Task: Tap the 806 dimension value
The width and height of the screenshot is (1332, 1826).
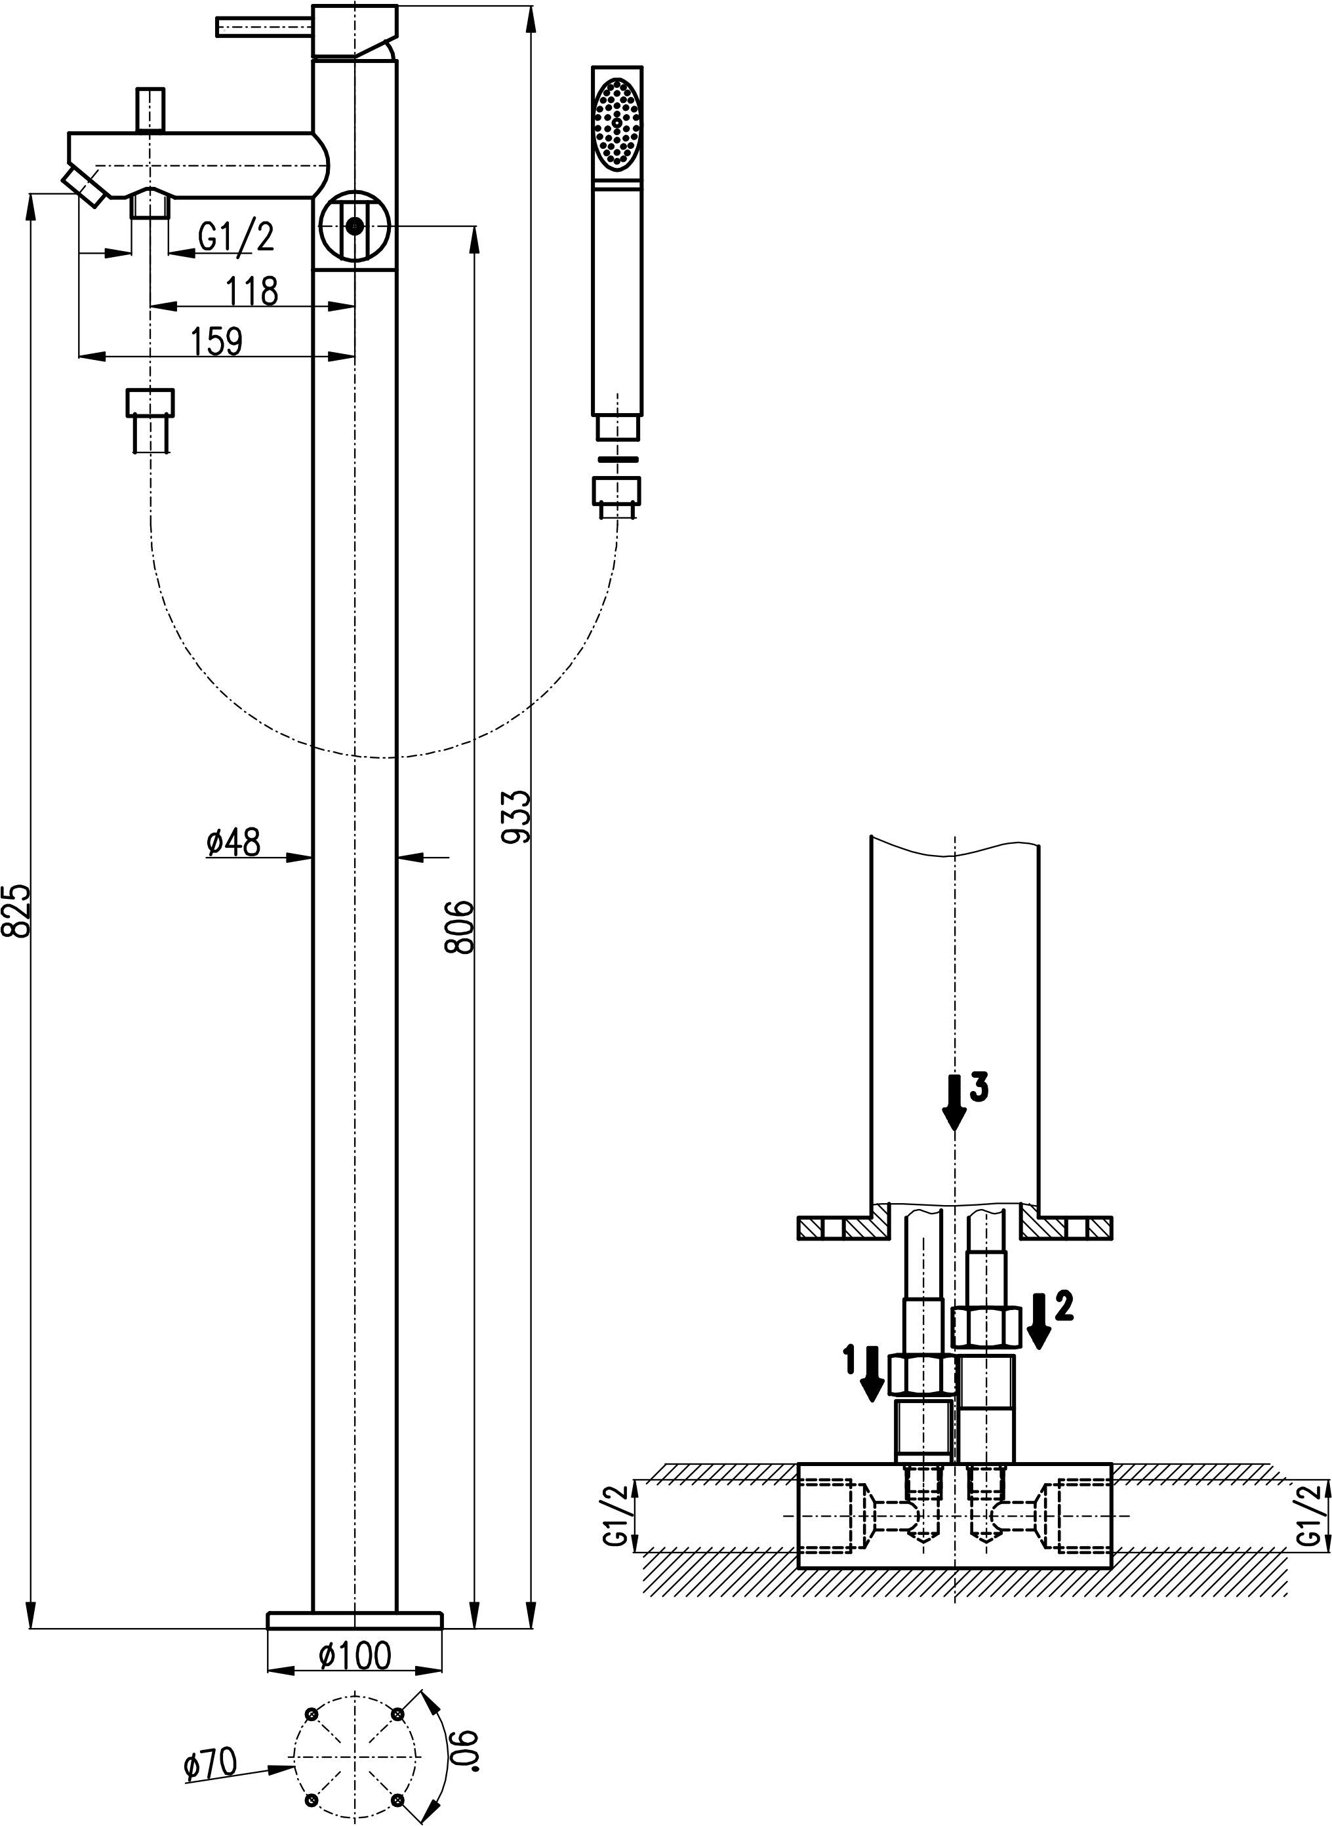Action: (x=460, y=927)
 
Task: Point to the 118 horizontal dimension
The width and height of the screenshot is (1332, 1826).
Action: (x=252, y=291)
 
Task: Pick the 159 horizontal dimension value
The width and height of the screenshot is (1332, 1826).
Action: (x=216, y=341)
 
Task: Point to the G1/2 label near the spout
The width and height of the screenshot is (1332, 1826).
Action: (x=236, y=237)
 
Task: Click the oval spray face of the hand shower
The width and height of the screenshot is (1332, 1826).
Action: (x=617, y=123)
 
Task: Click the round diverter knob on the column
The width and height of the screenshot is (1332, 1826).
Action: (x=354, y=226)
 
